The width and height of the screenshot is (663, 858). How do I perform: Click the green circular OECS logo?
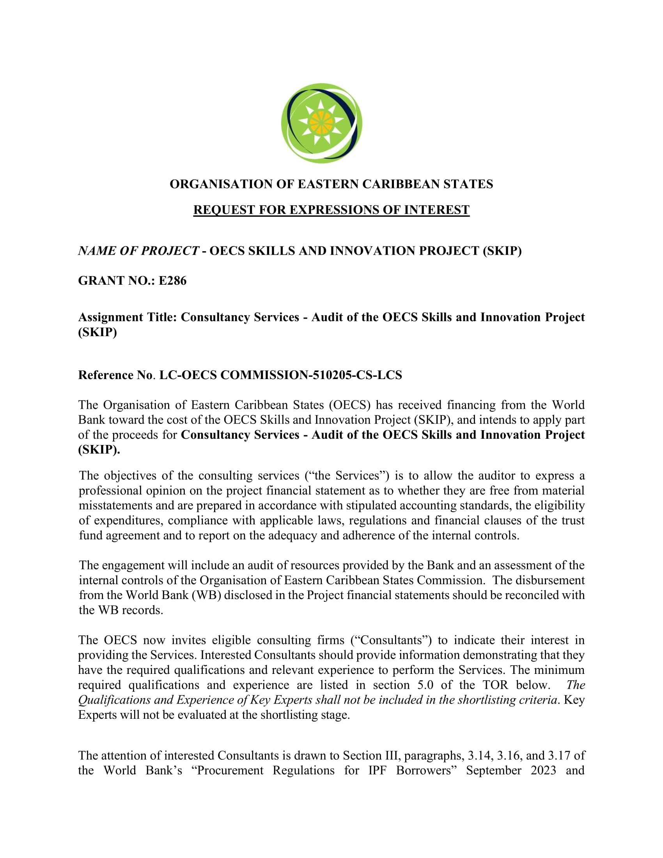point(322,123)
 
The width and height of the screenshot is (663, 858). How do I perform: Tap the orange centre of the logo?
point(321,122)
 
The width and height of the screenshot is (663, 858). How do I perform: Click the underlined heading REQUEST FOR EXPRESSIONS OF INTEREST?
point(331,210)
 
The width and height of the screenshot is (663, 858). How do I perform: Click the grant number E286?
point(172,280)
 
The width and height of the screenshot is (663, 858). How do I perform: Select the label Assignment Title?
point(128,317)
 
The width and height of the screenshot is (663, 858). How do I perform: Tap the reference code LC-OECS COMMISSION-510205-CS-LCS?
point(280,375)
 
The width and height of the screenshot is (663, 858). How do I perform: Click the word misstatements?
point(115,505)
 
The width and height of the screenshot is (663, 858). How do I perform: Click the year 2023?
point(543,770)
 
